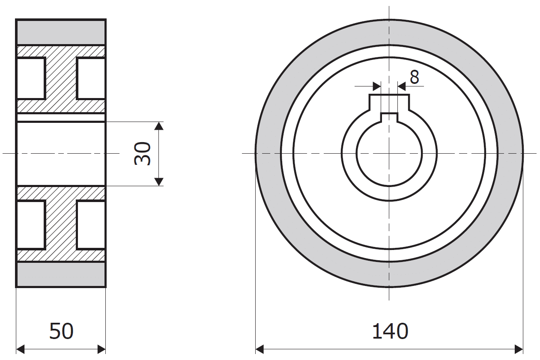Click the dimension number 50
[x=61, y=331]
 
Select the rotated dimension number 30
[x=143, y=154]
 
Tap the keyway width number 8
[x=415, y=77]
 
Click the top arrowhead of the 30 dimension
[x=158, y=126]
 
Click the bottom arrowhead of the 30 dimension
[x=158, y=181]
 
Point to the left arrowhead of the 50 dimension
[x=20, y=349]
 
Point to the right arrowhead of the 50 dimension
[x=101, y=349]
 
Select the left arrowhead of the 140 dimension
[x=260, y=349]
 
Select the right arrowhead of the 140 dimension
[x=519, y=349]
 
